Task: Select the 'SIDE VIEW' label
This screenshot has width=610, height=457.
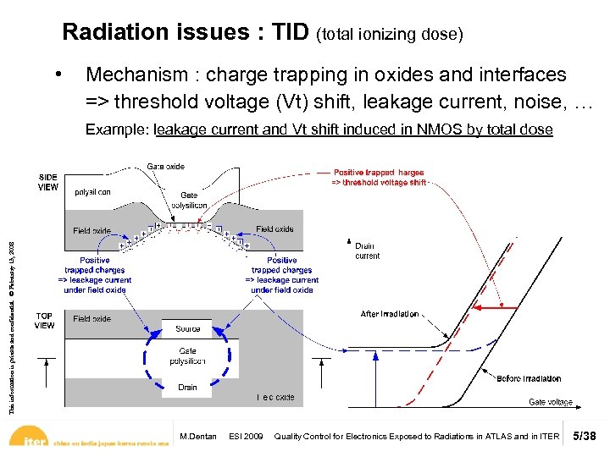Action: (x=48, y=182)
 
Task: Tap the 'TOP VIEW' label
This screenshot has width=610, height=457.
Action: (x=45, y=320)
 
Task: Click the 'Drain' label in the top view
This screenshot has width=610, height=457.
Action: (x=187, y=387)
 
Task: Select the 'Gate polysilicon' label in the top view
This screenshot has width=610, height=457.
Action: (x=187, y=355)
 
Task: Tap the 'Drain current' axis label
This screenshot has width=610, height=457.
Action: (x=367, y=251)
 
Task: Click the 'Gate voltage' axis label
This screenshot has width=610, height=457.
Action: (x=551, y=402)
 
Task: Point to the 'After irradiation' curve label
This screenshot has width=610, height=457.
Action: (x=390, y=314)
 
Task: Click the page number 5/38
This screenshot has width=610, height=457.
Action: (x=585, y=437)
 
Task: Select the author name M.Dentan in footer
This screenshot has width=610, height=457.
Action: (x=198, y=437)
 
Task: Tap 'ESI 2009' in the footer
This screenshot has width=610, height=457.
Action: (x=247, y=437)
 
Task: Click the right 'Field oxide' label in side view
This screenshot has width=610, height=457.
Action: (x=274, y=228)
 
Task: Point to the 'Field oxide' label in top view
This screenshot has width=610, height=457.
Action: (x=91, y=319)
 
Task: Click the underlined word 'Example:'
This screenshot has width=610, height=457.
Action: (x=118, y=129)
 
